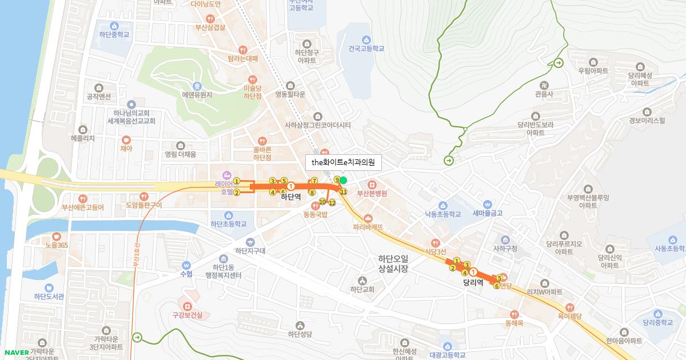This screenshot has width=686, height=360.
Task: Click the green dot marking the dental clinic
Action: [x=344, y=181]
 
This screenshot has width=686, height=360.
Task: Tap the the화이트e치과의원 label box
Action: [x=343, y=162]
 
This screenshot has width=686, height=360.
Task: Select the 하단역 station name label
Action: [x=290, y=196]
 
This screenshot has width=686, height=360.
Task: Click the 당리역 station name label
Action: [x=473, y=282]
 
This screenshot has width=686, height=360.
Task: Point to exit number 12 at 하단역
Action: [x=332, y=203]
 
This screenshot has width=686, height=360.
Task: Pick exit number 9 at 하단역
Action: [x=337, y=180]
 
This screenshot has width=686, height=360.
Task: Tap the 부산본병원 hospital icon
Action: [x=372, y=185]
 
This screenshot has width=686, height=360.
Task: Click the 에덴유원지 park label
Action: [x=197, y=95]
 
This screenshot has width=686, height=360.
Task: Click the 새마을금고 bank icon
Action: [x=487, y=205]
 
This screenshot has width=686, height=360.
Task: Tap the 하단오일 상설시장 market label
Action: [x=393, y=263]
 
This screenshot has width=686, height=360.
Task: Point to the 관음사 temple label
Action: [x=544, y=94]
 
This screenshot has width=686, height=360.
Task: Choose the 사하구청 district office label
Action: [x=505, y=248]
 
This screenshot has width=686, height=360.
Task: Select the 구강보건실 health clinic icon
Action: [x=188, y=305]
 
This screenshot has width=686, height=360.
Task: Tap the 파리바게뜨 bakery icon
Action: [x=368, y=218]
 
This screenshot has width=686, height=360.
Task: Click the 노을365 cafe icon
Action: [x=56, y=236]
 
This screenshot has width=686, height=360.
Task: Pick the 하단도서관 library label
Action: [x=49, y=296]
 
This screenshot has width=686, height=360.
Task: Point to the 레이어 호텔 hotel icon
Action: [x=227, y=174]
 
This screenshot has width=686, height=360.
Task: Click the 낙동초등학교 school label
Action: [x=442, y=214]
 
